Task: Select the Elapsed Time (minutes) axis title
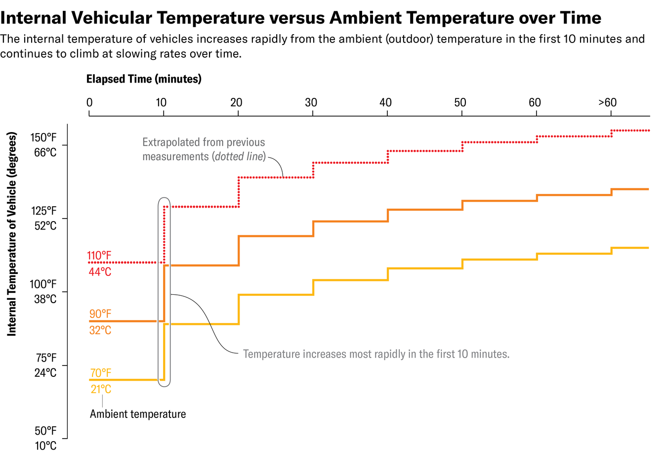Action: point(144,79)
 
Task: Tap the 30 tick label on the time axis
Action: point(311,102)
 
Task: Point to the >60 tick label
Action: point(607,102)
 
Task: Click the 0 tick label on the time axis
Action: point(89,102)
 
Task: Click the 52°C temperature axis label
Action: point(45,226)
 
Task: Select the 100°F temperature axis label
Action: point(43,284)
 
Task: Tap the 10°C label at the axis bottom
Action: point(45,446)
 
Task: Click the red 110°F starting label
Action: point(99,256)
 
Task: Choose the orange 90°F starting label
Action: point(100,314)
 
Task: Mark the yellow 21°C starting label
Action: point(101,389)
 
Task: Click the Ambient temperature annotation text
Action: point(138,414)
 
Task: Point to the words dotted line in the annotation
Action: point(240,157)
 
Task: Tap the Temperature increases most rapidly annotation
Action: point(375,354)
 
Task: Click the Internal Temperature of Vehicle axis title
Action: point(12,234)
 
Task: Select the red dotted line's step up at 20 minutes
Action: point(239,192)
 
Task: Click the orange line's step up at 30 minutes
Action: point(313,228)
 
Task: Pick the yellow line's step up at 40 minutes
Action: point(388,274)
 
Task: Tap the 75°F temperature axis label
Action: point(46,358)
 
